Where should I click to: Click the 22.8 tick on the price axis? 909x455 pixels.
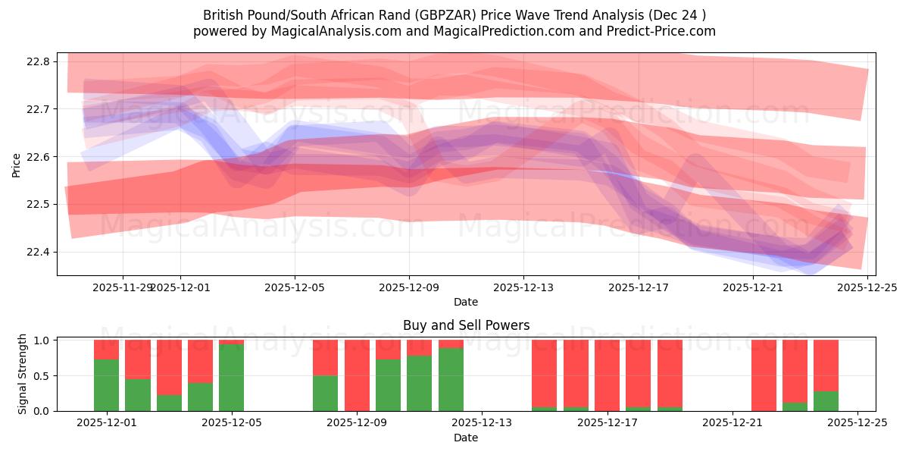[37, 61]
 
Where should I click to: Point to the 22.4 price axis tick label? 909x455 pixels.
[37, 252]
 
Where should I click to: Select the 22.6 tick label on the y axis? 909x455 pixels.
[37, 157]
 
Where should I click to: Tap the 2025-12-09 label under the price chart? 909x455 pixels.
[409, 287]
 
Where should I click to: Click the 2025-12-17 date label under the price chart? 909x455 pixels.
[638, 287]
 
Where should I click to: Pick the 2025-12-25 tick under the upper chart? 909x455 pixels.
[867, 287]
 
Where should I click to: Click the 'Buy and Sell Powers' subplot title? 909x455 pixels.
[466, 325]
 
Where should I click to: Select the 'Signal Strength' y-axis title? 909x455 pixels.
[23, 374]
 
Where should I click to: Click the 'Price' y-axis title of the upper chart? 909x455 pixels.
[17, 164]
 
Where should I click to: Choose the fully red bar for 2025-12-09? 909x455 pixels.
[357, 375]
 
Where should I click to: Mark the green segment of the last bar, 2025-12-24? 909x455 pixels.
[826, 401]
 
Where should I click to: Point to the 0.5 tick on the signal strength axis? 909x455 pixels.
[43, 375]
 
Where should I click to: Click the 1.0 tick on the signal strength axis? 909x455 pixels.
[43, 340]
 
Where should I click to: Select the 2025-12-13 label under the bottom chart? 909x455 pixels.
[482, 423]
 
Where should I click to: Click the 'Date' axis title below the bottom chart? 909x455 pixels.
[466, 438]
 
